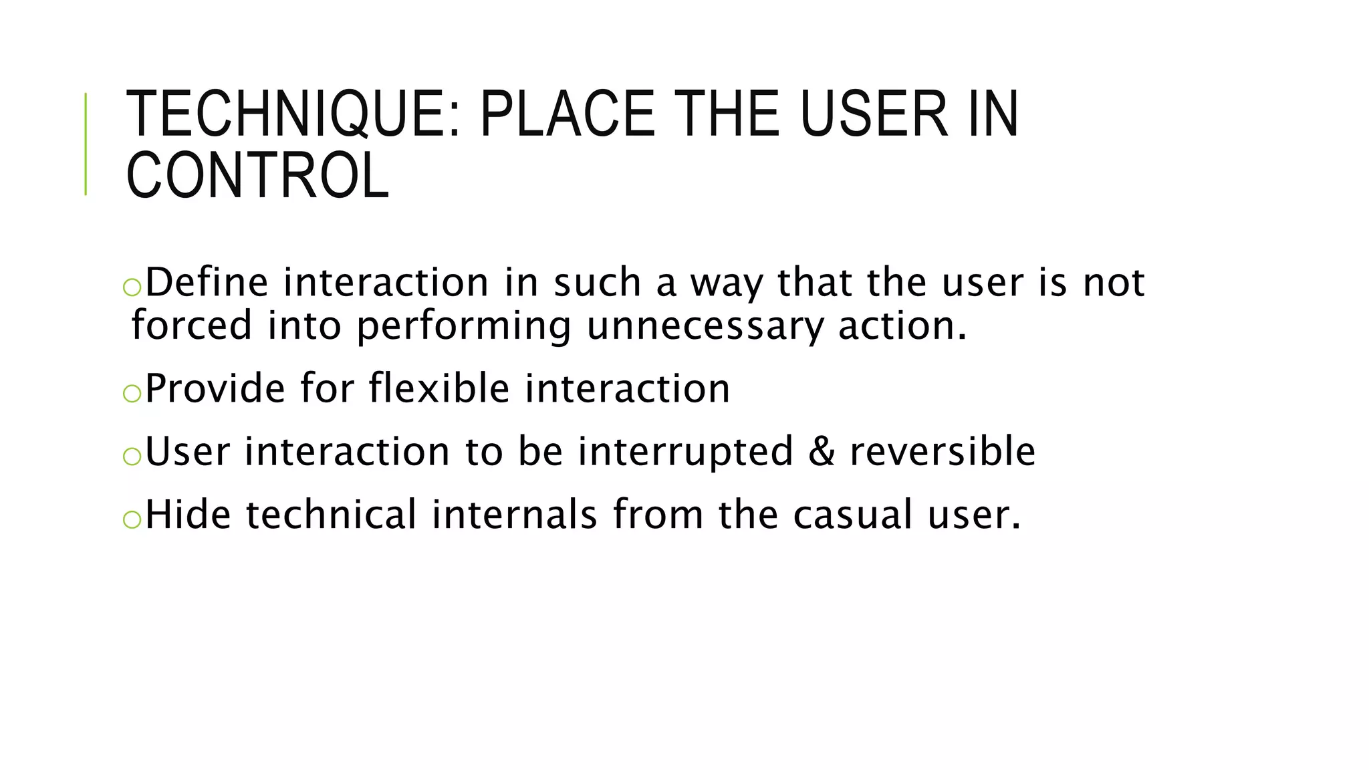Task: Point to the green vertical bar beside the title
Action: (86, 144)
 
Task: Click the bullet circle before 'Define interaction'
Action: (132, 287)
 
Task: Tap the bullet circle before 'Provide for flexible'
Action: (132, 393)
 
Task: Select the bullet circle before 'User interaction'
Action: (132, 456)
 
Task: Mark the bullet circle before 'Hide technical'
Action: (132, 519)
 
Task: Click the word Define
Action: (207, 282)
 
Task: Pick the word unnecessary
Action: (705, 326)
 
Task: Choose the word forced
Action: (192, 326)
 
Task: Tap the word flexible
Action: (439, 388)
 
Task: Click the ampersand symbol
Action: (822, 451)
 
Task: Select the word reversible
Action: (943, 451)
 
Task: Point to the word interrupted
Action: (685, 451)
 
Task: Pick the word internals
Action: (514, 515)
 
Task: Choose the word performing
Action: (464, 326)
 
